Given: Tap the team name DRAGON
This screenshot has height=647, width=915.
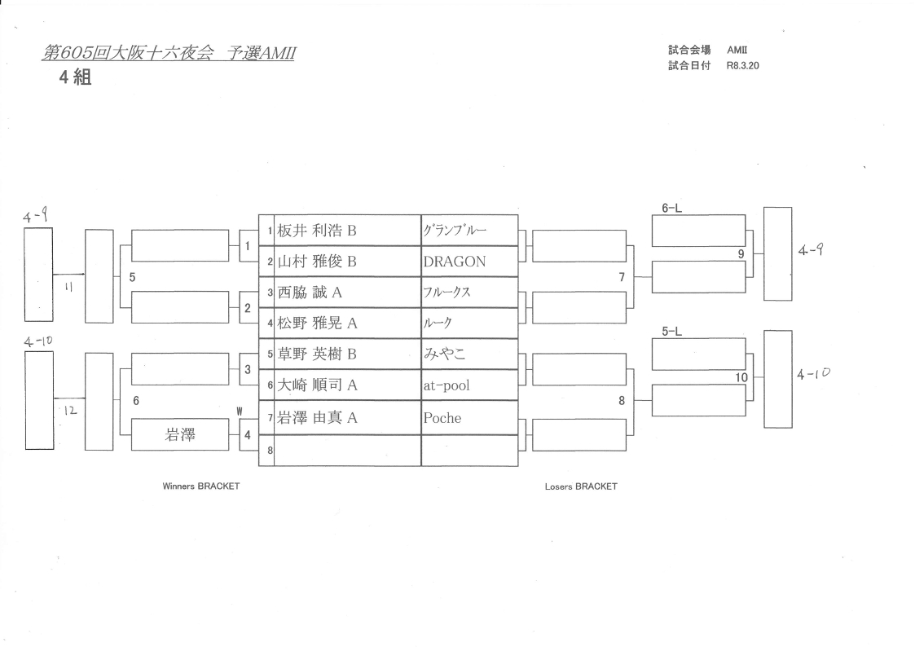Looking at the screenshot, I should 455,262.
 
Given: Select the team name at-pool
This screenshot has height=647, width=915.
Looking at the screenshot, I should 447,385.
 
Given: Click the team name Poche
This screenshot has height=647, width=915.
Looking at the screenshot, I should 442,418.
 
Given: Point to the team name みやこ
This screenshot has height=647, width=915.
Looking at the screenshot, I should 444,354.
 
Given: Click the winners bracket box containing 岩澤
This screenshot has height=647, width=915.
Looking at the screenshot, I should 180,435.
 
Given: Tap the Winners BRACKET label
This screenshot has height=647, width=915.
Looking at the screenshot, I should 201,486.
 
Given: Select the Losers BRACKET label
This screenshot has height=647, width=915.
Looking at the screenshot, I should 581,486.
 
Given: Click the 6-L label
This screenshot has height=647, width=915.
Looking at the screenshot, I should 671,208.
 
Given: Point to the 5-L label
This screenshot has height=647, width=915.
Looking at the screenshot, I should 671,331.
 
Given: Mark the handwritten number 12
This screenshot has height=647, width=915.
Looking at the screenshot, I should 70,412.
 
